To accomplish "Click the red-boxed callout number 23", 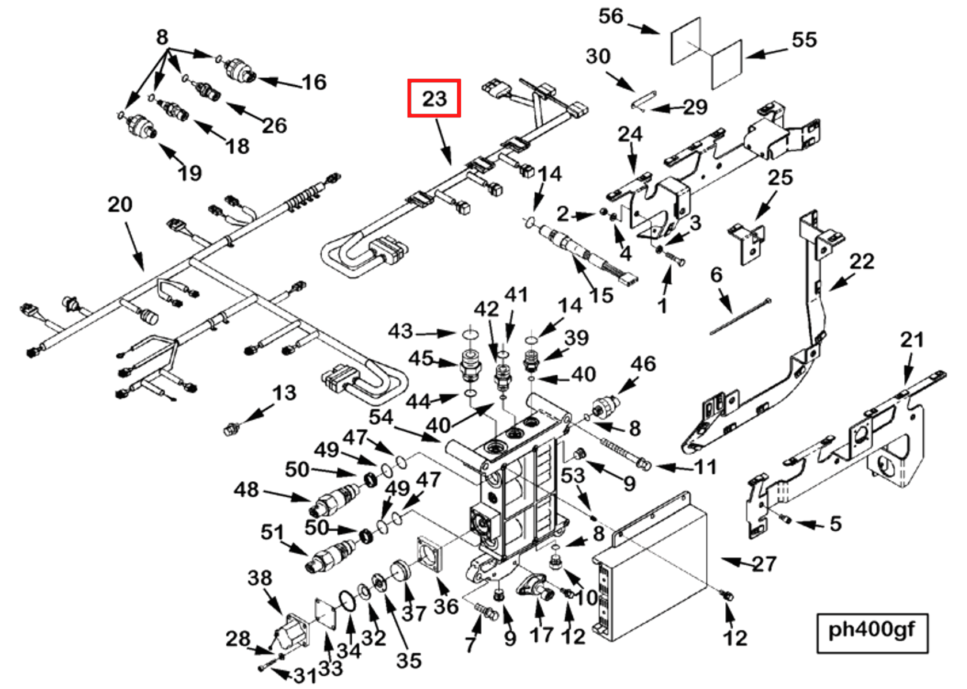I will click(x=434, y=98).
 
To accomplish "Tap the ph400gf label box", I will click(x=871, y=631).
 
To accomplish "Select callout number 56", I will click(x=611, y=16).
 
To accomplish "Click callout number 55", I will click(x=804, y=40).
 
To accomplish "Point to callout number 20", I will click(x=120, y=204).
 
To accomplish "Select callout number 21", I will click(x=912, y=340).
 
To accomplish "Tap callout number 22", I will click(x=862, y=261).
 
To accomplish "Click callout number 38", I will click(x=260, y=578).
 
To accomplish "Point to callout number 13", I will click(x=284, y=393).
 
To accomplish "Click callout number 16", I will click(x=314, y=82).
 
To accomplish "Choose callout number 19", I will click(x=190, y=173).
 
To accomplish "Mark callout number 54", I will click(x=380, y=417).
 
